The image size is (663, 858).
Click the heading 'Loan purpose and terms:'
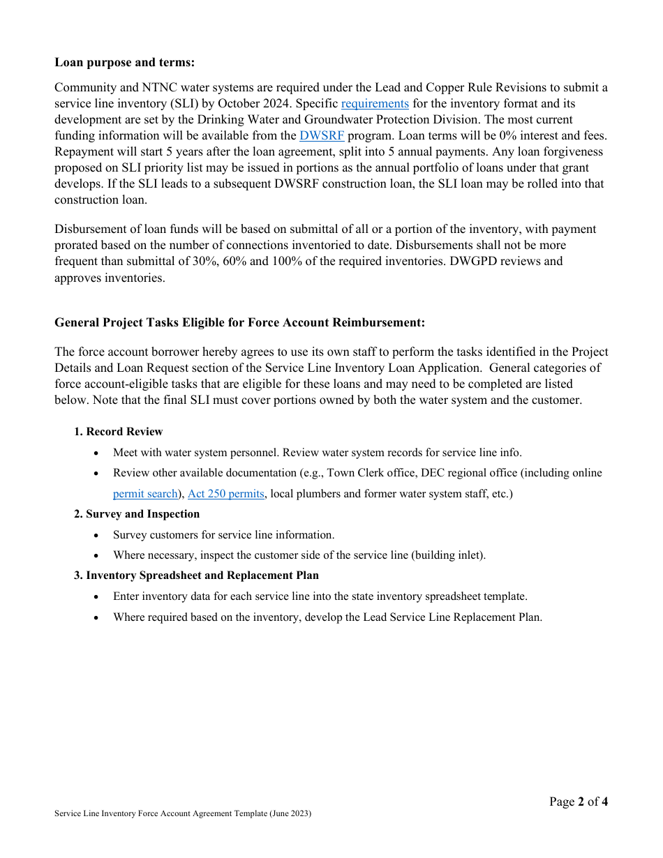pyautogui.click(x=124, y=62)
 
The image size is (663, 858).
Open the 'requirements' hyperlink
pyautogui.click(x=375, y=103)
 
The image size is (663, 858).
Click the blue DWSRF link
pyautogui.click(x=322, y=135)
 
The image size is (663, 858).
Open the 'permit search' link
pyautogui.click(x=145, y=493)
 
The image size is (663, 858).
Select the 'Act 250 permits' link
pyautogui.click(x=226, y=493)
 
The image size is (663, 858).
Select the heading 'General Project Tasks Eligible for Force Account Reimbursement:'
pyautogui.click(x=239, y=322)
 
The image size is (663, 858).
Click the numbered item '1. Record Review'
pyautogui.click(x=118, y=431)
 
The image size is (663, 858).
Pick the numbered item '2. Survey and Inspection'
pyautogui.click(x=137, y=513)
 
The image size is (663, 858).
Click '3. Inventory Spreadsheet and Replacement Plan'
pyautogui.click(x=196, y=575)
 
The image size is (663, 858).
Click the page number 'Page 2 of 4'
pyautogui.click(x=578, y=801)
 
